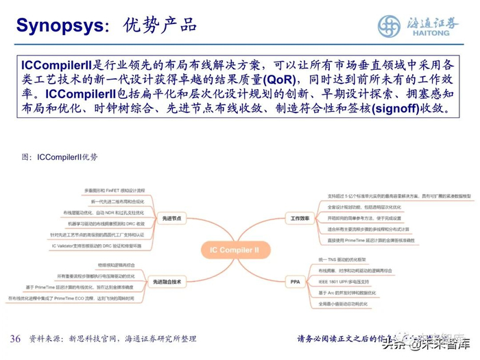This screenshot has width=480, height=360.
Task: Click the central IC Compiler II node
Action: [230, 250]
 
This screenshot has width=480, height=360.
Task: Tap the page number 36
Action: [15, 339]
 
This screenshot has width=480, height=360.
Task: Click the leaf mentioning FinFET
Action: [115, 190]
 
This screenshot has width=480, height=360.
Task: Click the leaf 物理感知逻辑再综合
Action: [120, 265]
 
